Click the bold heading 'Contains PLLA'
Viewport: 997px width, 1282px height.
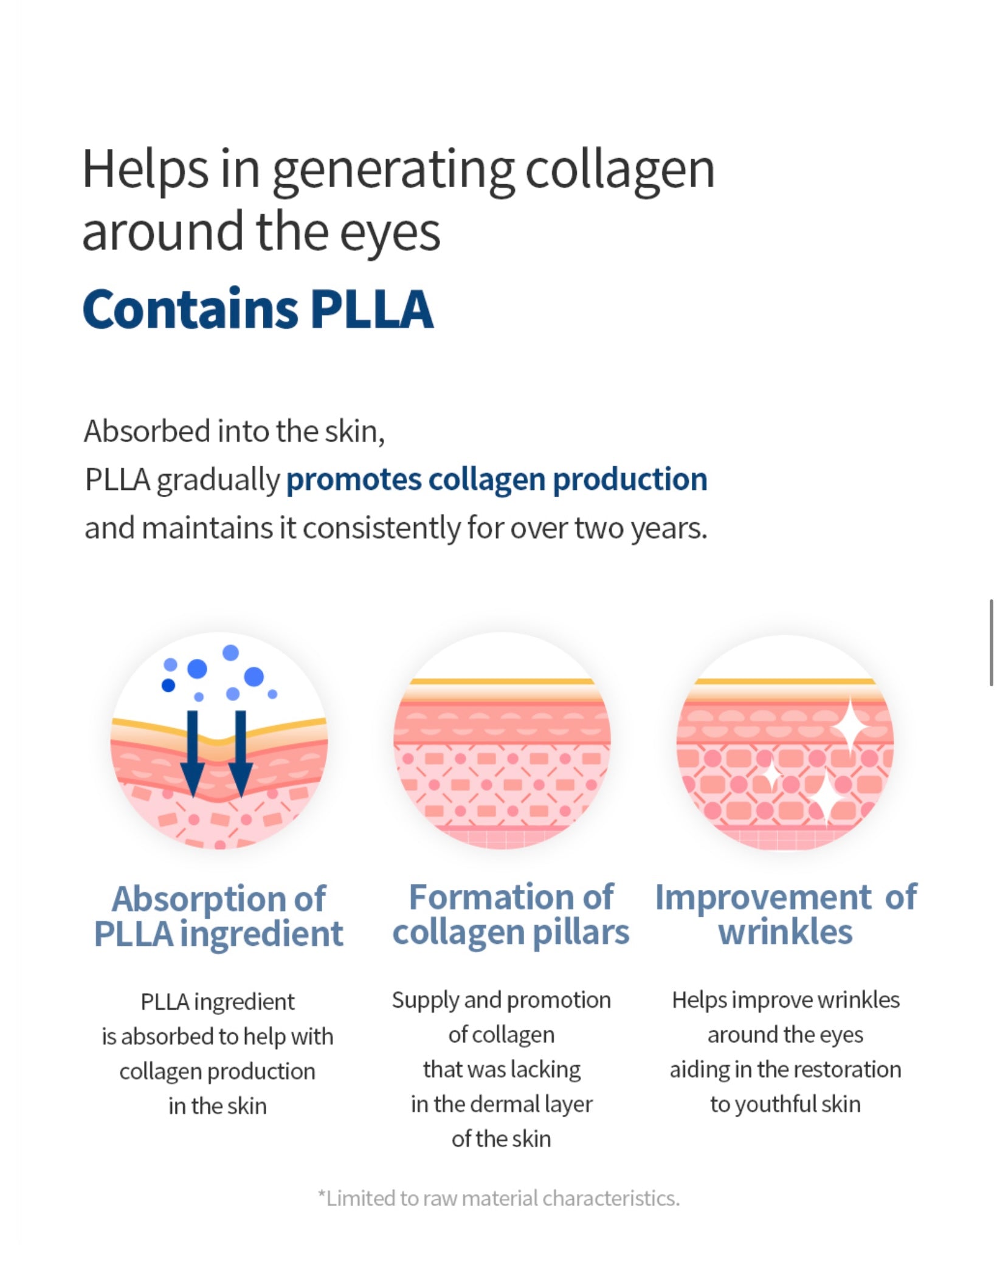click(258, 309)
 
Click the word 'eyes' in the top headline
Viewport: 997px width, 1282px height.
click(389, 233)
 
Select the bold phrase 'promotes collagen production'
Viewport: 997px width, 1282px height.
click(497, 479)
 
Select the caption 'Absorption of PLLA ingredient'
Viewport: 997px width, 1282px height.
click(219, 916)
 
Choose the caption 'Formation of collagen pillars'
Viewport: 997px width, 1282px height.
click(511, 914)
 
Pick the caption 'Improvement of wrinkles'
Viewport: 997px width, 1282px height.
click(785, 914)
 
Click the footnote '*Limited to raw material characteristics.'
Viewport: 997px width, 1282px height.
click(498, 1198)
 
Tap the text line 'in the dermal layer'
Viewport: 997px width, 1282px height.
click(502, 1104)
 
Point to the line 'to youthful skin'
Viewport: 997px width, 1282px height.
click(785, 1104)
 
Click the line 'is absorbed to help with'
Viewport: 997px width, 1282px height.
click(218, 1036)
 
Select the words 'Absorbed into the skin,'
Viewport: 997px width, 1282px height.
click(235, 432)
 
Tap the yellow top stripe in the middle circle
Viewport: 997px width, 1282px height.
click(502, 681)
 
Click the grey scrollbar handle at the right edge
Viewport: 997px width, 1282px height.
click(992, 643)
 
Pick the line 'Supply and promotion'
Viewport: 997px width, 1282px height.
click(502, 1000)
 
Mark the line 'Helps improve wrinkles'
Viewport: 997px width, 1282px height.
click(785, 1000)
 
